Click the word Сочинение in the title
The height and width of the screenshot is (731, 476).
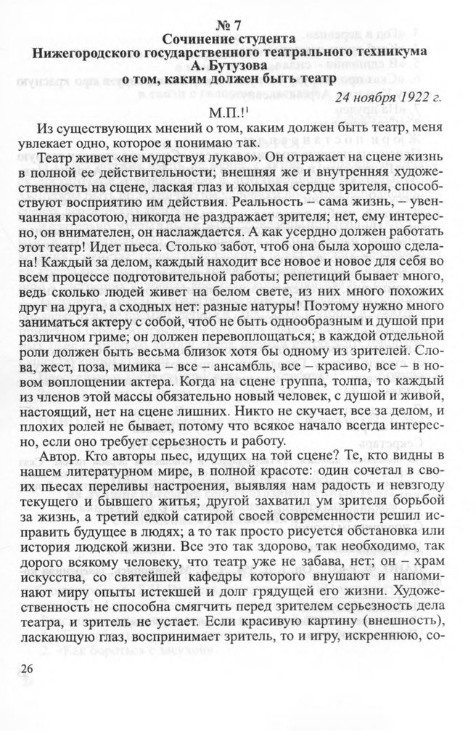pyautogui.click(x=198, y=38)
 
